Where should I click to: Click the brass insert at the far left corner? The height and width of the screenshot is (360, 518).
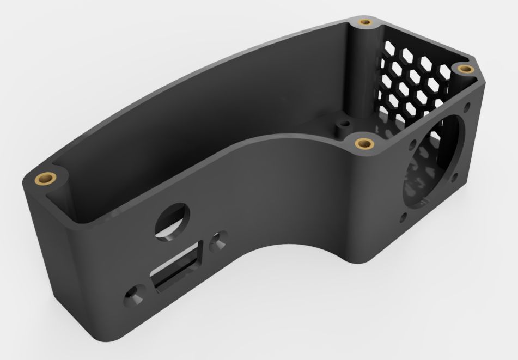[x=45, y=178]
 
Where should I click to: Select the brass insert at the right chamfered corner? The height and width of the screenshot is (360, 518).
[x=464, y=69]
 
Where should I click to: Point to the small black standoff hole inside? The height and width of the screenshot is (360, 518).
[x=343, y=123]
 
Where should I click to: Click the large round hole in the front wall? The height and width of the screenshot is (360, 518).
[x=170, y=220]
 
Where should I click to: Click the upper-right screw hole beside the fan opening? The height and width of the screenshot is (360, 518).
[x=467, y=104]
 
